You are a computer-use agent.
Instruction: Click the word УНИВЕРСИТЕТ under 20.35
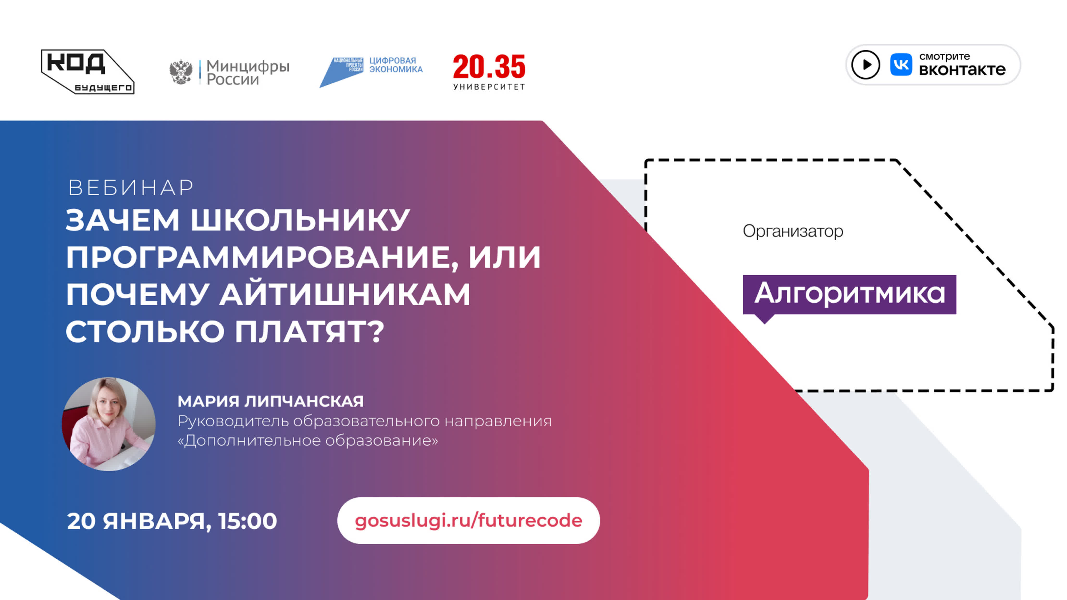pyautogui.click(x=489, y=87)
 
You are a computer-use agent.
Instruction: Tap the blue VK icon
pyautogui.click(x=901, y=65)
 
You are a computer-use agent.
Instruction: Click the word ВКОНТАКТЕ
pyautogui.click(x=962, y=70)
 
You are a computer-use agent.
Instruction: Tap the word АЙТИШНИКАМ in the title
pyautogui.click(x=345, y=295)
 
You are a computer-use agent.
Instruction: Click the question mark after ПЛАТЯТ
pyautogui.click(x=376, y=332)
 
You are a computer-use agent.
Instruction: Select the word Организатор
pyautogui.click(x=793, y=231)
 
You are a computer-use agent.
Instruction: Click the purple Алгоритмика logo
pyautogui.click(x=849, y=296)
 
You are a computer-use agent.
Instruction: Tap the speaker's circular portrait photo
pyautogui.click(x=109, y=424)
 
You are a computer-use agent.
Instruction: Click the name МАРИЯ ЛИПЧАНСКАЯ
pyautogui.click(x=270, y=401)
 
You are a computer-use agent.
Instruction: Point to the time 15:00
pyautogui.click(x=248, y=521)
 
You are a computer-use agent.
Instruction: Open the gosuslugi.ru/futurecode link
pyautogui.click(x=468, y=521)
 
